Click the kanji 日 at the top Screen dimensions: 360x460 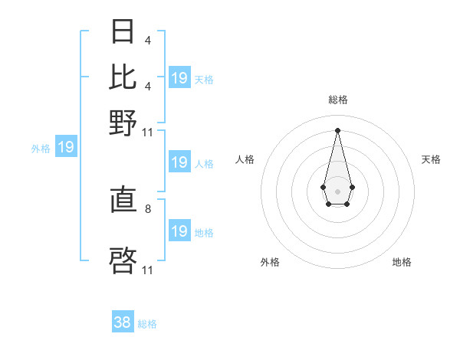[x=123, y=31]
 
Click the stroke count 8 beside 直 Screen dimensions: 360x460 [x=148, y=208]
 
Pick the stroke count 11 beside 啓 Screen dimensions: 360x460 [x=148, y=269]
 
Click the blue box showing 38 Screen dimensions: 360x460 [x=123, y=322]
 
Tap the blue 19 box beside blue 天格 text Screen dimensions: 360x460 [x=179, y=78]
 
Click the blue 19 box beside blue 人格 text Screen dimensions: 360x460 [x=179, y=162]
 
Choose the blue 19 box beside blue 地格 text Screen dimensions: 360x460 [x=179, y=231]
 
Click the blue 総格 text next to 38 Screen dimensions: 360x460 [x=147, y=324]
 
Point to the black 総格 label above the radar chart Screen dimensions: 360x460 [x=337, y=100]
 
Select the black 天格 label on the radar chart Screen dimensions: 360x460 [x=431, y=159]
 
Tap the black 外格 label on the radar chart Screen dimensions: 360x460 [x=270, y=262]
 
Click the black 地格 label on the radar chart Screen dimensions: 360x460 [x=402, y=262]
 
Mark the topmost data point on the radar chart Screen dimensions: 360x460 [x=337, y=130]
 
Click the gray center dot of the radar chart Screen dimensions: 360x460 [x=337, y=191]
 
